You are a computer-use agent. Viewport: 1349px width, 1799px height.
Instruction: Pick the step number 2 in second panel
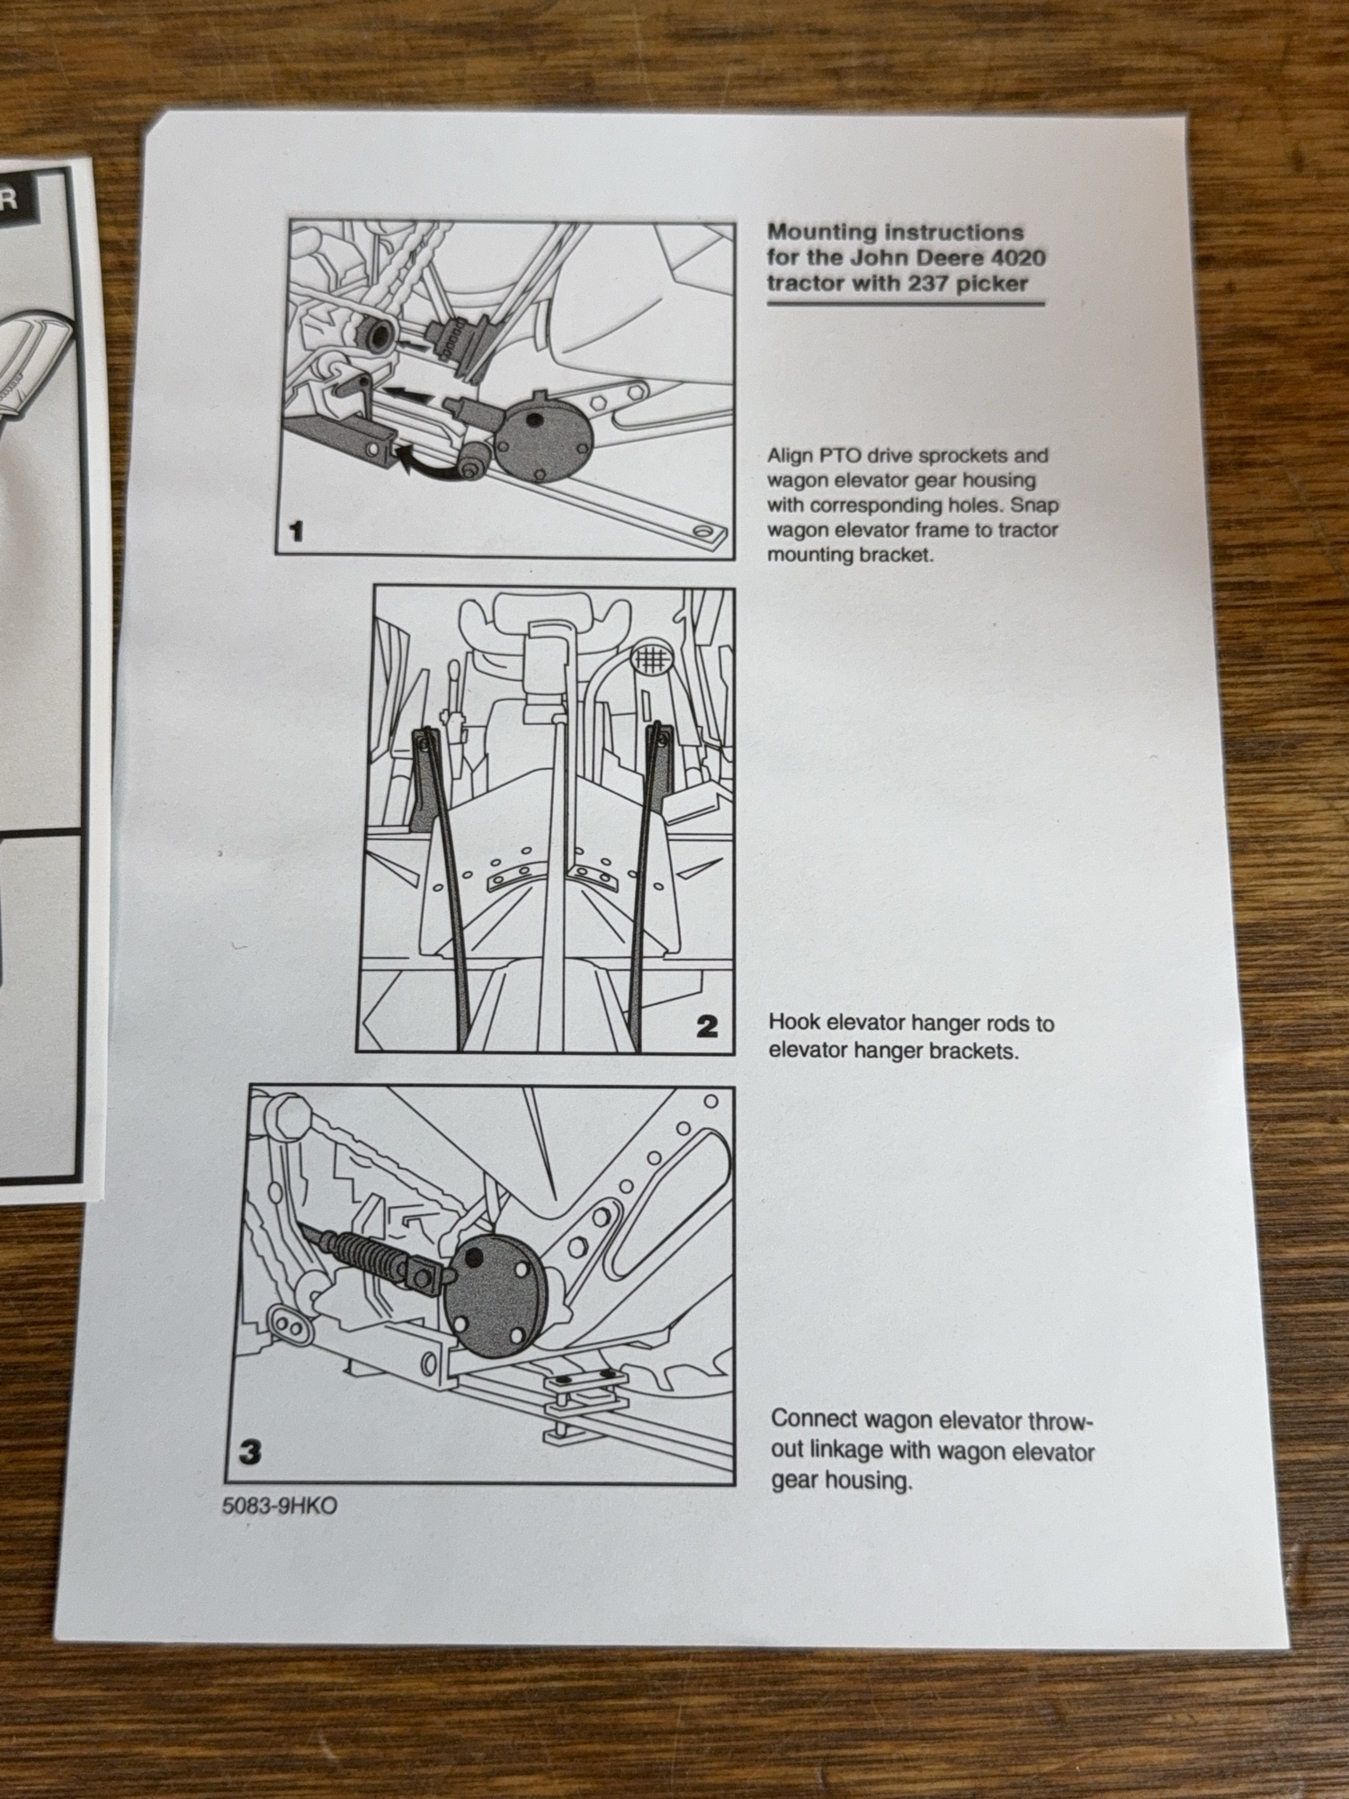coord(707,1025)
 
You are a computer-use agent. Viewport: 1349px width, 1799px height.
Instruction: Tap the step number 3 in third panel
coord(249,1452)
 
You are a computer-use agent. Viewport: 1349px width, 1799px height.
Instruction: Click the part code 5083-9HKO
coord(280,1506)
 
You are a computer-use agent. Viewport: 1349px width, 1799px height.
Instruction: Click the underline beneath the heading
coord(905,304)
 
